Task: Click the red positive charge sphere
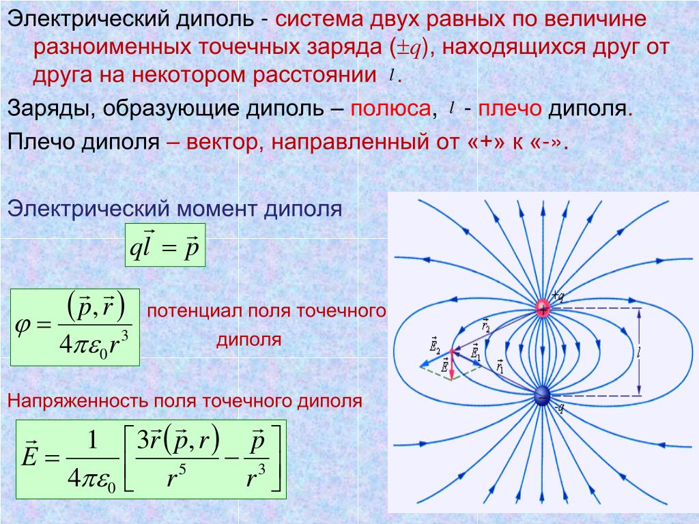tap(543, 308)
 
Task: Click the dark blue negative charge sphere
tap(542, 396)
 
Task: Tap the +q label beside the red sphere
tap(558, 295)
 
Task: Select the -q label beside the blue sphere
tap(559, 408)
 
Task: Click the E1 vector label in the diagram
tap(476, 352)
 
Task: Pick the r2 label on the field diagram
tap(486, 325)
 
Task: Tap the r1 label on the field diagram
tap(500, 366)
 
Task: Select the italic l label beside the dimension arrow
tap(639, 353)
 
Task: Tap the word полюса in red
tap(390, 108)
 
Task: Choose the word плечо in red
tap(509, 108)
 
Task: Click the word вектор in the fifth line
tap(222, 143)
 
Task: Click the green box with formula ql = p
tap(165, 245)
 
